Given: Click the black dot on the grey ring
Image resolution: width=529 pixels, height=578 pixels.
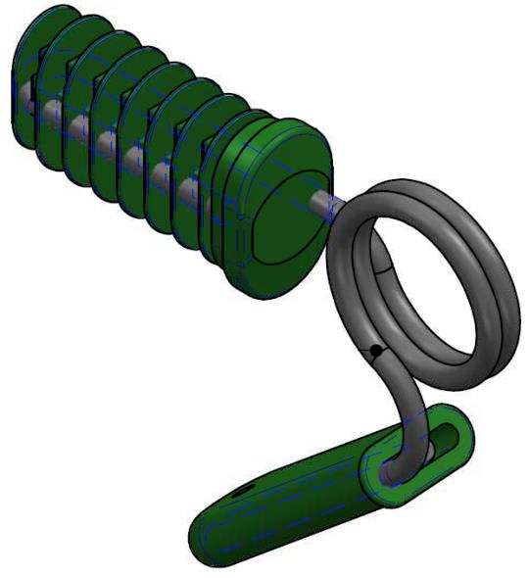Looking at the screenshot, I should point(375,349).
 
